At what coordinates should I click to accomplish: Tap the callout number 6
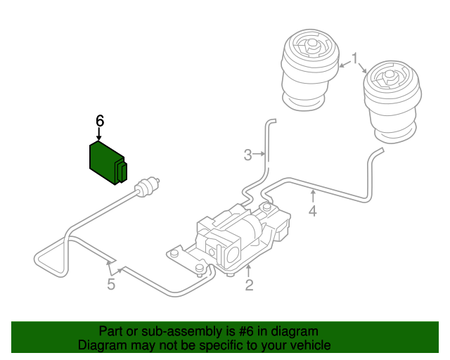coord(99,120)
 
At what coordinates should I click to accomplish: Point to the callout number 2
coord(249,285)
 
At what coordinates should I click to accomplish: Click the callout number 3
coord(247,155)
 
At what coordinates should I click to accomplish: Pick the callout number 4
coord(312,211)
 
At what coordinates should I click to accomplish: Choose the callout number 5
coord(110,284)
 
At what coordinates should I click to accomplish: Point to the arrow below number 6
coord(99,134)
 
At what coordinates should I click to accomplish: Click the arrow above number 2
coord(248,271)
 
